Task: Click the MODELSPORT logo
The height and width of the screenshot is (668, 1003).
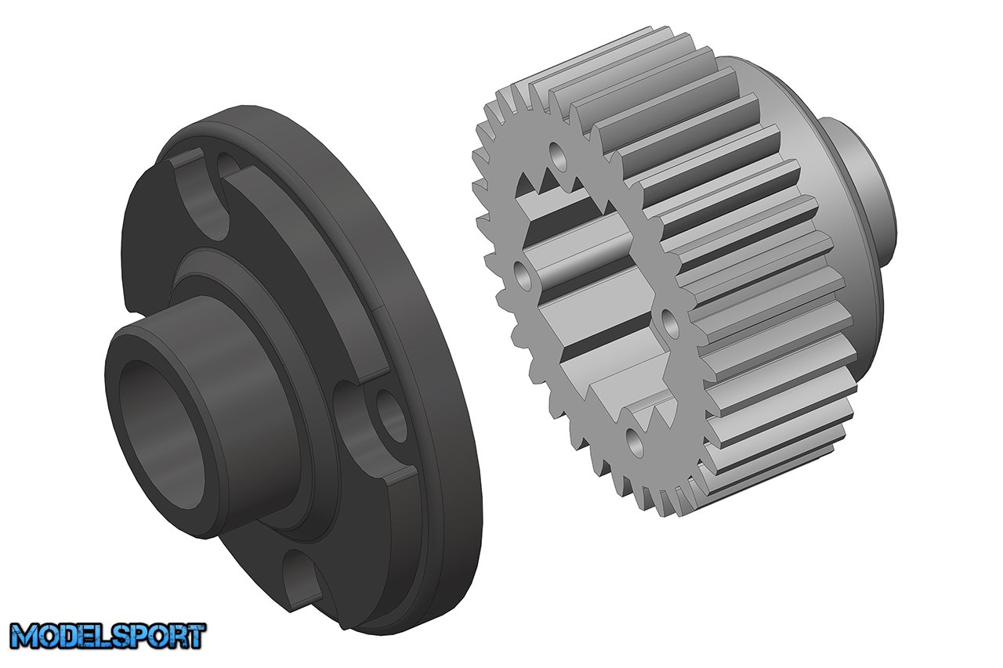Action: coord(108,636)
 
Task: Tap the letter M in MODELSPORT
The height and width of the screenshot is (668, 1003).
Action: coord(24,636)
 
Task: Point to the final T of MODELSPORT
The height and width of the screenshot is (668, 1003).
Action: coord(196,635)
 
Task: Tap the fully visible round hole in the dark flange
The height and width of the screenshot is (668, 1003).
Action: coord(389,414)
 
